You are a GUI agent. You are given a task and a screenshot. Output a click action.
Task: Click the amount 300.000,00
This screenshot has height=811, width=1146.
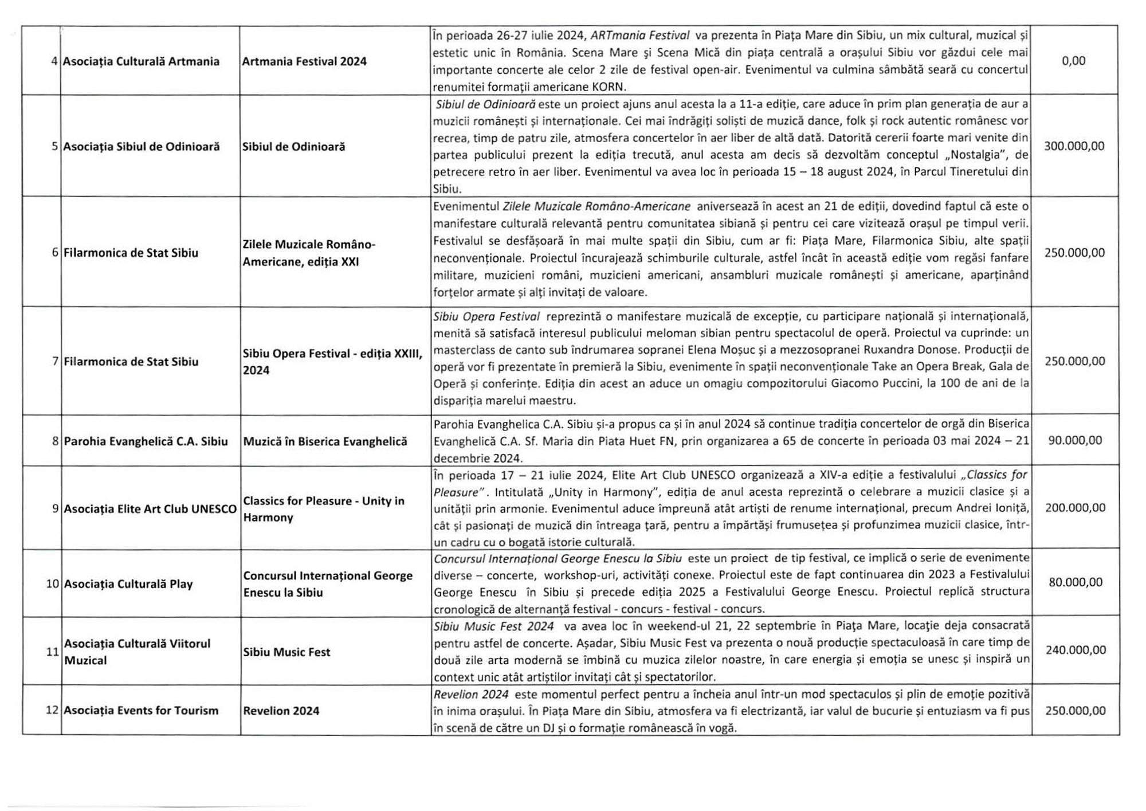click(x=1074, y=146)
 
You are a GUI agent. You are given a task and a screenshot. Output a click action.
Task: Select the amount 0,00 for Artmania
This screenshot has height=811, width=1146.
click(x=1073, y=61)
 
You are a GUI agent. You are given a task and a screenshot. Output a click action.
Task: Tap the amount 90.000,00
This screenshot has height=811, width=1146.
click(x=1075, y=440)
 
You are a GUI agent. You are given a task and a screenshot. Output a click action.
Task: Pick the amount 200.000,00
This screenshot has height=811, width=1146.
click(x=1075, y=508)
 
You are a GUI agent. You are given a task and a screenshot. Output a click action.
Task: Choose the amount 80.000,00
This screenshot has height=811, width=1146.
click(x=1076, y=582)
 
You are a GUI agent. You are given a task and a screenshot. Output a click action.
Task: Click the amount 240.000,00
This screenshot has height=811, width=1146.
click(x=1076, y=650)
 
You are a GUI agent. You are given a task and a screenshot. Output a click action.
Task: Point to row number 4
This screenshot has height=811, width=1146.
click(x=54, y=61)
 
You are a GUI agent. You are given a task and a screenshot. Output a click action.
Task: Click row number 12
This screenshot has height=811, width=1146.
click(x=52, y=711)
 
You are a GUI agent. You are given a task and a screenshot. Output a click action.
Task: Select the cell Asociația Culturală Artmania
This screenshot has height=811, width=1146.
click(x=141, y=61)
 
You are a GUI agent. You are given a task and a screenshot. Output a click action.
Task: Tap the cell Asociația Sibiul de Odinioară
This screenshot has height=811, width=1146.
click(x=141, y=147)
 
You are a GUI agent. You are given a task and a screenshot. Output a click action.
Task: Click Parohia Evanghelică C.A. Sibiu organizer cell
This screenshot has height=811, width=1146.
click(x=146, y=441)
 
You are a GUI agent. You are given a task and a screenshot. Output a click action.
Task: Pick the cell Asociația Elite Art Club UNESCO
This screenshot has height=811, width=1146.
click(x=150, y=509)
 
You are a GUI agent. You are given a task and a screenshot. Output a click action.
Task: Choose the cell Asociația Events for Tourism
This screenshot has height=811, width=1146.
click(x=141, y=711)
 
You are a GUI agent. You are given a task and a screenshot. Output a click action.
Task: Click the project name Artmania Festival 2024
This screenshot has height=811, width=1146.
click(x=304, y=61)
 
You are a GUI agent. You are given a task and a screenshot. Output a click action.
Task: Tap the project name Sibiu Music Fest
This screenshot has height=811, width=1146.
click(x=286, y=652)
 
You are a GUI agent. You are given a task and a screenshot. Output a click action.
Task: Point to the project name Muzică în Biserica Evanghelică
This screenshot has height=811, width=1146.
click(x=325, y=441)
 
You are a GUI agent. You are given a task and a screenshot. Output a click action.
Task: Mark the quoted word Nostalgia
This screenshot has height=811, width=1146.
click(x=979, y=155)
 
